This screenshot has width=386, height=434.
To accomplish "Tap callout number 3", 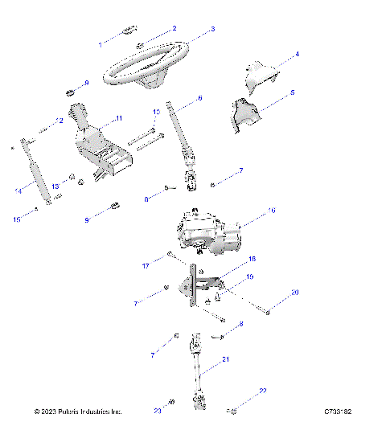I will pyautogui.click(x=213, y=29).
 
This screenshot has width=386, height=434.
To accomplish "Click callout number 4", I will pyautogui.click(x=297, y=55).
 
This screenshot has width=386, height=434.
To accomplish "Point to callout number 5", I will pyautogui.click(x=292, y=92).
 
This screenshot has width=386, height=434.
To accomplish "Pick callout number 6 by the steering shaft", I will pyautogui.click(x=199, y=97).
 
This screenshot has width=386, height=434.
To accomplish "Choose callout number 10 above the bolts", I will pyautogui.click(x=157, y=112).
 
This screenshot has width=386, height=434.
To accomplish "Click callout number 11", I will pyautogui.click(x=119, y=118).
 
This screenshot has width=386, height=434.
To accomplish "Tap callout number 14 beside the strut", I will pyautogui.click(x=18, y=190).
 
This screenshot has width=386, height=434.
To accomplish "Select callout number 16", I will pyautogui.click(x=271, y=211).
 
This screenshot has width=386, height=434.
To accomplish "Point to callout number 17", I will pyautogui.click(x=146, y=264).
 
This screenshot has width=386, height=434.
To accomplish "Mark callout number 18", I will pyautogui.click(x=252, y=260).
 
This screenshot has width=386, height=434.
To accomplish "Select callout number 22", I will pyautogui.click(x=262, y=391).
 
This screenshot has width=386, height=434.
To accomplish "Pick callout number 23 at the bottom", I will pyautogui.click(x=158, y=411).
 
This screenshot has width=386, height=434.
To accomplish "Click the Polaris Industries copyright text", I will pyautogui.click(x=78, y=411).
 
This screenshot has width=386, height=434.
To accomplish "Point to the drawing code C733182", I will pyautogui.click(x=338, y=411).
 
